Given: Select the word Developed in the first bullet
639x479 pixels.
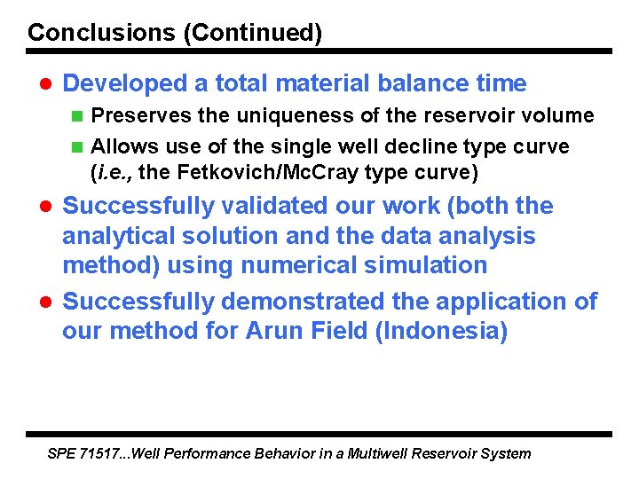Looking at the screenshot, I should pos(125,83).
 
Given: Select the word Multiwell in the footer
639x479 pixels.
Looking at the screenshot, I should pos(379,453).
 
